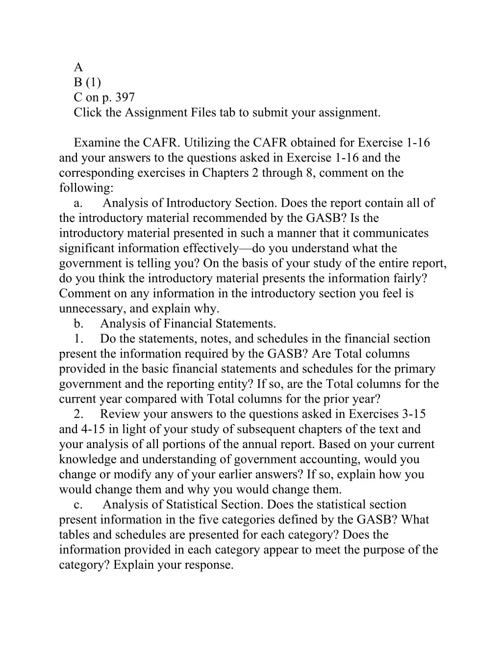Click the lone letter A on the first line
[x=78, y=68]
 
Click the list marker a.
[x=78, y=203]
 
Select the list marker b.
[x=78, y=324]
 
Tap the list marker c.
[x=78, y=505]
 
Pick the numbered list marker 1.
[x=78, y=339]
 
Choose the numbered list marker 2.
[x=78, y=414]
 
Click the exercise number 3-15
[x=414, y=414]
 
